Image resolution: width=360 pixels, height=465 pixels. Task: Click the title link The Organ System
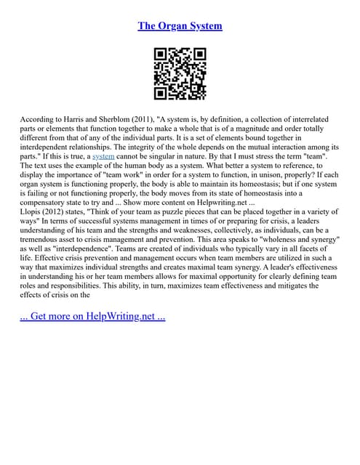point(180,26)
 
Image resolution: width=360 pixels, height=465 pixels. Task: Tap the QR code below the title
point(180,74)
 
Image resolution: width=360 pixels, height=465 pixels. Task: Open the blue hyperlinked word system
point(104,155)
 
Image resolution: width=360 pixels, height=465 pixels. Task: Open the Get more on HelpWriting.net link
point(93,318)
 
